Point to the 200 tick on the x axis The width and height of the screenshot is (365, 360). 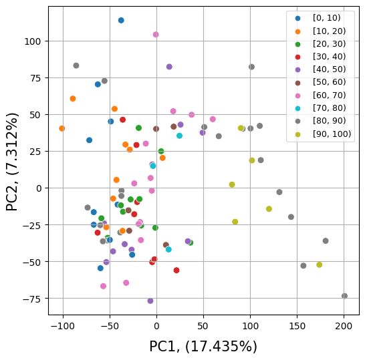[x=344, y=315]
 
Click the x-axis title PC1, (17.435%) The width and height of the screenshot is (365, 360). [x=203, y=347]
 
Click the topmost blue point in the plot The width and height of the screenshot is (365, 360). [x=121, y=20]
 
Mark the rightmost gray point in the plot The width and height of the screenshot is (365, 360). [x=344, y=296]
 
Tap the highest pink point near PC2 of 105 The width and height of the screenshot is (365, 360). [x=156, y=34]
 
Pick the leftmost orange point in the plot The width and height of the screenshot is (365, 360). [x=62, y=128]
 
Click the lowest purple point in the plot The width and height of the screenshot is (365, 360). [x=150, y=301]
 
